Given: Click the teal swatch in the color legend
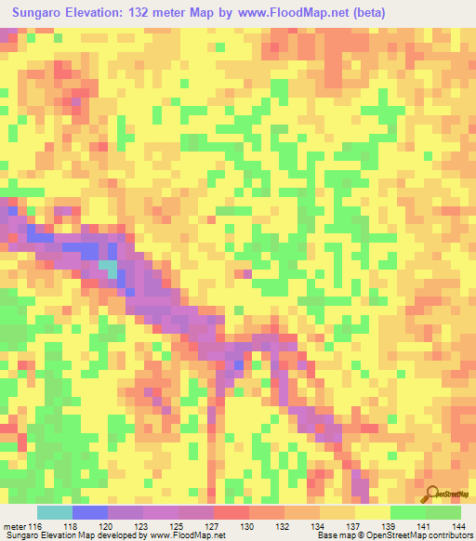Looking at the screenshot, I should click(54, 512).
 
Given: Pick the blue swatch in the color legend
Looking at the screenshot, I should click(89, 512).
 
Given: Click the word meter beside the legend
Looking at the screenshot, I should click(14, 526).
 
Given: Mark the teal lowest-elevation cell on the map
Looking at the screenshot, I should click(109, 270).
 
